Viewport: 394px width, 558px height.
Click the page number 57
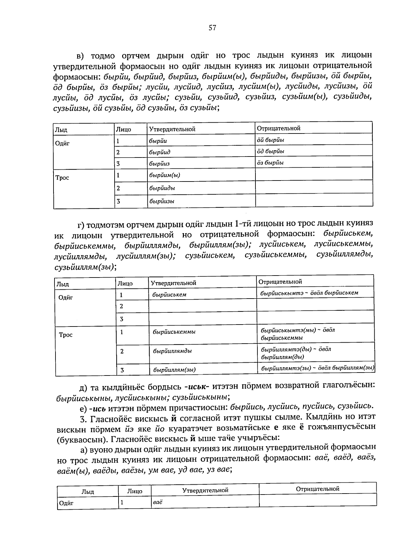click(x=212, y=28)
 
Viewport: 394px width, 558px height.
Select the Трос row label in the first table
click(x=62, y=178)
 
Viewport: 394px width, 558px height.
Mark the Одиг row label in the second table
click(x=65, y=297)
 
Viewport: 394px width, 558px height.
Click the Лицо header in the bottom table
click(x=135, y=491)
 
